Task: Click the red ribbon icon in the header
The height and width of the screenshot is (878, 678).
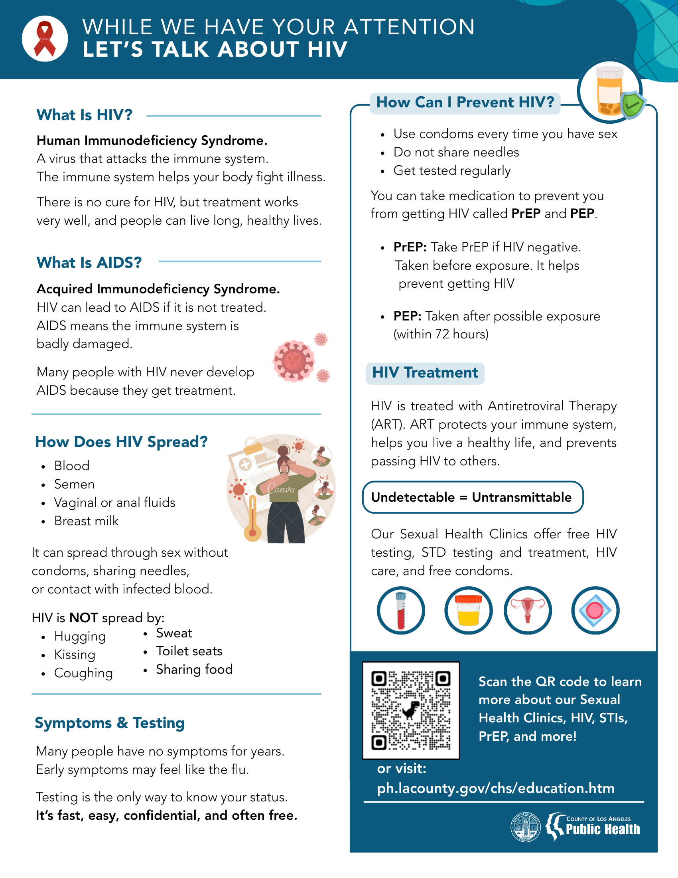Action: [x=45, y=39]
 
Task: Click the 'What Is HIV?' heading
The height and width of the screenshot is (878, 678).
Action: [x=84, y=115]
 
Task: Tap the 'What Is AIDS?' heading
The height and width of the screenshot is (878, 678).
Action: [x=89, y=263]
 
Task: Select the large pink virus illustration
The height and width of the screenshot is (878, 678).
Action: [x=294, y=361]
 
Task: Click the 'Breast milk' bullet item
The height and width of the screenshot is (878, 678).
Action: [x=87, y=521]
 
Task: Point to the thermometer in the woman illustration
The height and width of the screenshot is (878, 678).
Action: [x=252, y=518]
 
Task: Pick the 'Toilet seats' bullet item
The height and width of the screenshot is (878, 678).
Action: [x=189, y=651]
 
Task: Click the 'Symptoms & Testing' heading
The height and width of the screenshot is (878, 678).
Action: [x=110, y=723]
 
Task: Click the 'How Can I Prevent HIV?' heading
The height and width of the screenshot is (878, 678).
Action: [x=465, y=103]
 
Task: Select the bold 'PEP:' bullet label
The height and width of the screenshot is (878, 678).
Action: [x=407, y=316]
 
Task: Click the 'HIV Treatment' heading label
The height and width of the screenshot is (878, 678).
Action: [x=425, y=373]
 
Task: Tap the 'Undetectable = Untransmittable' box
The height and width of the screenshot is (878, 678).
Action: [x=472, y=497]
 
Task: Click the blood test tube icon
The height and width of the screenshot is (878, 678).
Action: [x=401, y=610]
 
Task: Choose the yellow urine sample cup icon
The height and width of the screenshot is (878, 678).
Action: [x=468, y=610]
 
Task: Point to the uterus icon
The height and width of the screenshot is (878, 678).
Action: [x=527, y=610]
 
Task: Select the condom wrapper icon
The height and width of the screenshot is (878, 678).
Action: [x=595, y=610]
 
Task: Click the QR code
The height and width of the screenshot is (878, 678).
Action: [x=411, y=710]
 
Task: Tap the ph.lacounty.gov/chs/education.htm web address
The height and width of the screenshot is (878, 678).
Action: [x=496, y=788]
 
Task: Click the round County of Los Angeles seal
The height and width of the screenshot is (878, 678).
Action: [x=526, y=827]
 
